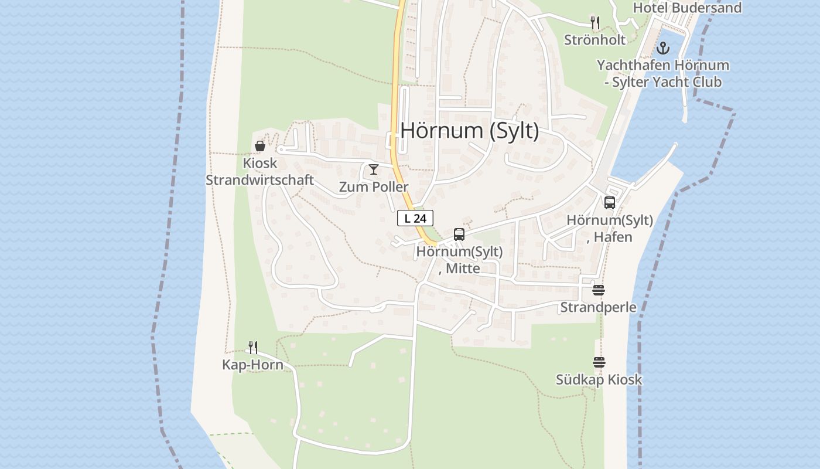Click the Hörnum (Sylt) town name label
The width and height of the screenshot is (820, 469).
coord(469,130)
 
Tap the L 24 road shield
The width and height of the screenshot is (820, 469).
coord(415,218)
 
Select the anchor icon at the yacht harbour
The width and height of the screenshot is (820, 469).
coord(663,48)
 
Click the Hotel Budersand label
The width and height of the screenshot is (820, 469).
coord(687,8)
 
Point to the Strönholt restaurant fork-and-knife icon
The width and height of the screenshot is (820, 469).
coord(595,23)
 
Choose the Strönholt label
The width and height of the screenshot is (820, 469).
coord(595,40)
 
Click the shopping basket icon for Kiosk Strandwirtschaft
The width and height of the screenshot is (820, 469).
coord(260,146)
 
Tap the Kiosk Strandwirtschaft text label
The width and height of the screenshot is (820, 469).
coord(259,171)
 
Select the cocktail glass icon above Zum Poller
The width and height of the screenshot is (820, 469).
coord(374,169)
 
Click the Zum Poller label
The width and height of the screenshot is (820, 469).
coord(374,187)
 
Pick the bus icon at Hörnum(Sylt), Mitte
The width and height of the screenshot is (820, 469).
coord(459,235)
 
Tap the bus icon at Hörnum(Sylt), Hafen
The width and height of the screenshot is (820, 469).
coord(610,203)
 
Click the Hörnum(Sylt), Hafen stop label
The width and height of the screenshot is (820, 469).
coord(610,229)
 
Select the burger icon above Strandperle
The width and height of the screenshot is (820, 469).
coord(598,290)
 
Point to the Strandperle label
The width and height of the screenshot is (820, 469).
coord(598,307)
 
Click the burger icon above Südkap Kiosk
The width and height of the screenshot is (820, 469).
coord(599,362)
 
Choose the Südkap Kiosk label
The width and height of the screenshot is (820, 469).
coord(599,379)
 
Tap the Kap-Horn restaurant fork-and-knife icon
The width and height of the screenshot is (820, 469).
coord(252,348)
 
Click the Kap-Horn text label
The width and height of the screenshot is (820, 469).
coord(252,365)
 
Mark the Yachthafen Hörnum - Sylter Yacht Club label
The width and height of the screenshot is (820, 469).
coord(663,73)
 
